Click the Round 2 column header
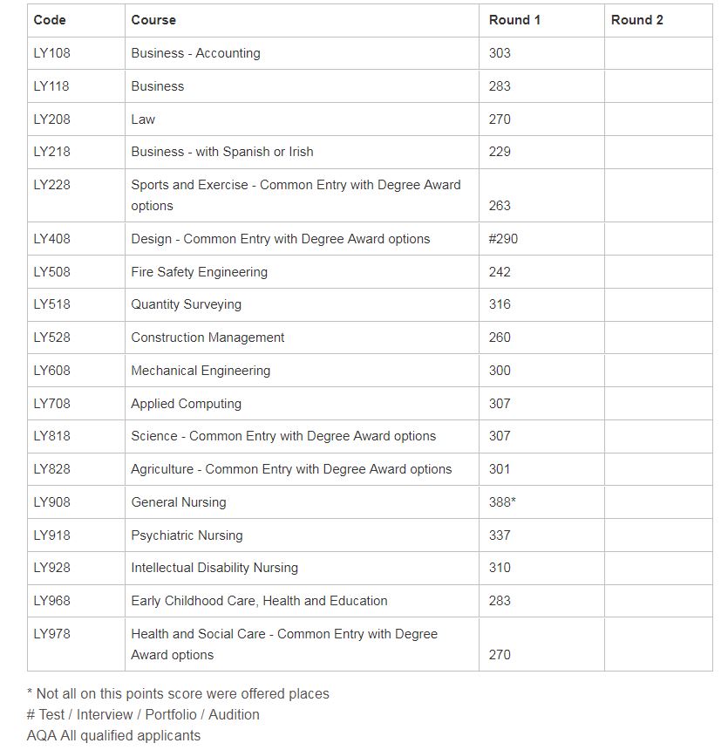click(636, 20)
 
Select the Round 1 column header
click(514, 20)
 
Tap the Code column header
click(50, 20)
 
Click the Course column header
click(153, 20)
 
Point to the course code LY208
click(51, 119)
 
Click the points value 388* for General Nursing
click(502, 502)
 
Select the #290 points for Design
click(503, 239)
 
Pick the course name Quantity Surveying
click(186, 304)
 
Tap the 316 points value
click(500, 304)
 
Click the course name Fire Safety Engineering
click(199, 272)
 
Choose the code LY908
click(51, 502)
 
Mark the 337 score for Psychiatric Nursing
click(500, 535)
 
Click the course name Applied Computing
click(186, 404)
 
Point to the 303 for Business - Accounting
click(500, 53)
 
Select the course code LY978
click(51, 634)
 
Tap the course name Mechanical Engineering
click(201, 371)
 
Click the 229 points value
click(500, 152)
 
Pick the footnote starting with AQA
click(113, 735)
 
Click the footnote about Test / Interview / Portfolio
click(143, 714)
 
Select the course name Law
click(143, 119)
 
